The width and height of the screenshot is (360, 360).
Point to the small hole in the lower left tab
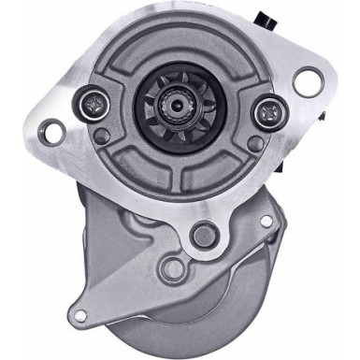(x=79, y=315)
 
